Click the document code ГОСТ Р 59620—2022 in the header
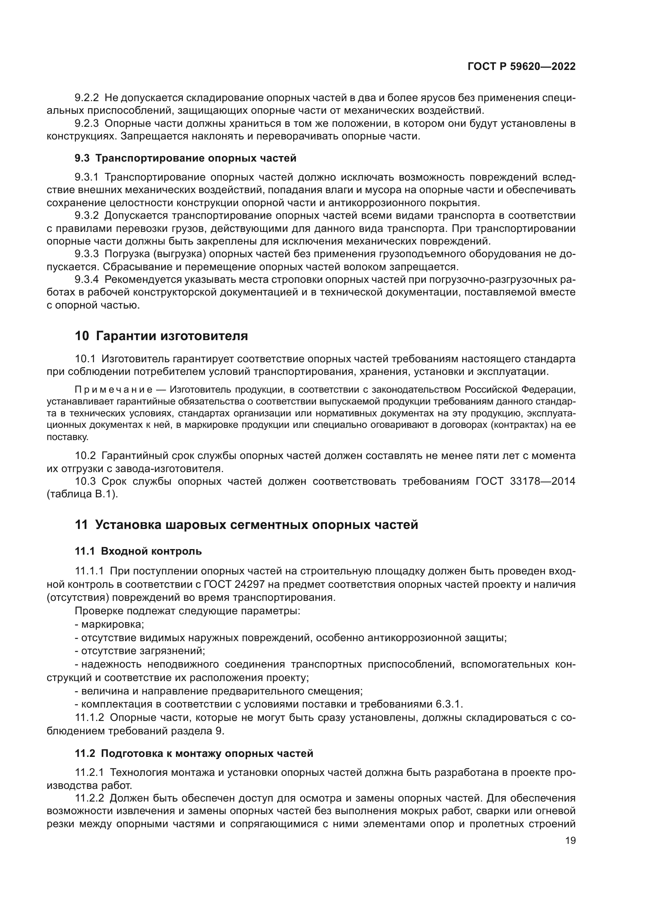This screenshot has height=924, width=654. click(522, 67)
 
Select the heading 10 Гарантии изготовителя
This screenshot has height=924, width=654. click(161, 336)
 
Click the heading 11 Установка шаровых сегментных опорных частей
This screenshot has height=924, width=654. click(246, 525)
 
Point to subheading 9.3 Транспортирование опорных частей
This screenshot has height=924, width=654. click(185, 158)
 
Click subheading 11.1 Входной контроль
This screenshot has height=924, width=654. click(138, 551)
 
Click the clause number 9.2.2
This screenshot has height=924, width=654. click(87, 98)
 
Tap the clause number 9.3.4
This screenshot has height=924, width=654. click(87, 279)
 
